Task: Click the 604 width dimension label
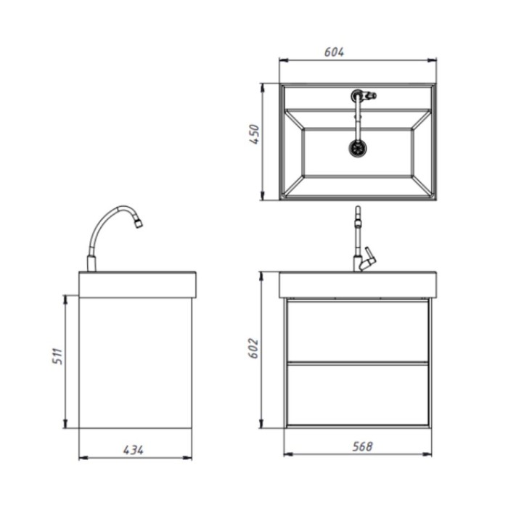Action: pyautogui.click(x=334, y=52)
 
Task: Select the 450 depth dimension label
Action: pyautogui.click(x=254, y=134)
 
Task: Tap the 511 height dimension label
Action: pyautogui.click(x=57, y=356)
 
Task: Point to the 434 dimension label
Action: pyautogui.click(x=133, y=450)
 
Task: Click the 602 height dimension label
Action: pyautogui.click(x=253, y=348)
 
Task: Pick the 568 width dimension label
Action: pyautogui.click(x=363, y=446)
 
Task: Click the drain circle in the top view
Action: pyautogui.click(x=358, y=148)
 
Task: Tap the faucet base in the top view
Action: pyautogui.click(x=357, y=96)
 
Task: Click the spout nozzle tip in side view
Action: pyautogui.click(x=139, y=224)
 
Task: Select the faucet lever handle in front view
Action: pyautogui.click(x=369, y=256)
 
